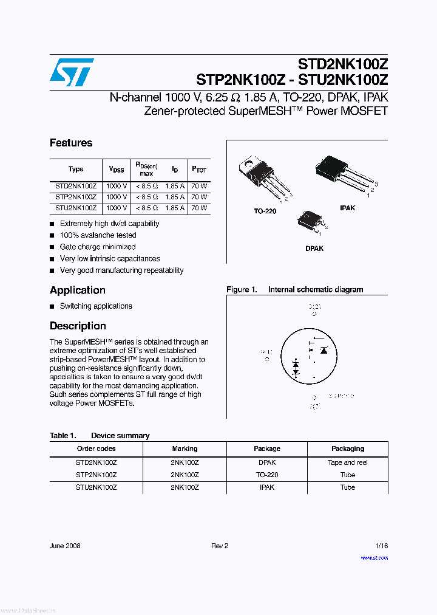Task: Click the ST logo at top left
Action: click(72, 72)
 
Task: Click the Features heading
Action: click(71, 143)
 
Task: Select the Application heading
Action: click(78, 290)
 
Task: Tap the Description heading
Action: click(78, 326)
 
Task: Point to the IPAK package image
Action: click(343, 176)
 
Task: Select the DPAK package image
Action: click(310, 223)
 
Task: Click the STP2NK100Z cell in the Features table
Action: click(76, 197)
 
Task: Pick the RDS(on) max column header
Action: click(146, 169)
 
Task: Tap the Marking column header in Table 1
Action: click(185, 448)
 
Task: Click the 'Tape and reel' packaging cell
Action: click(347, 462)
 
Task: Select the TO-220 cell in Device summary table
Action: click(267, 475)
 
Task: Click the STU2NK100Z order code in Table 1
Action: click(96, 487)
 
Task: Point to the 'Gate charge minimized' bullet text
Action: click(98, 247)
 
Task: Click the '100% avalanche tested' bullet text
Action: click(98, 235)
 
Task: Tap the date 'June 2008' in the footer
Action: click(65, 546)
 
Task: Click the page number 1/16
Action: click(381, 546)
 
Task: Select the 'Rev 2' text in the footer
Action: click(220, 546)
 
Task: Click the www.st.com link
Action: click(374, 557)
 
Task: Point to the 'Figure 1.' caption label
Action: click(242, 290)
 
